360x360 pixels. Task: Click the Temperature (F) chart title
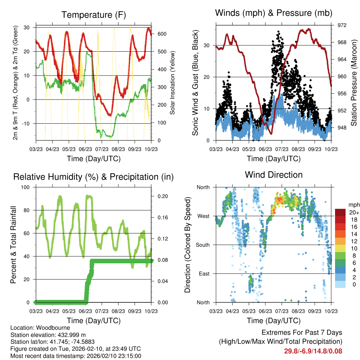(94, 15)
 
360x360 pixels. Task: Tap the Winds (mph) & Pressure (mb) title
(274, 13)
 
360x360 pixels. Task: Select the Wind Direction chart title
(274, 174)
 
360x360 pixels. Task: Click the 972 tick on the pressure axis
(342, 25)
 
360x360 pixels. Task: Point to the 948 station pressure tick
(342, 128)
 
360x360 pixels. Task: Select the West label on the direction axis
(203, 216)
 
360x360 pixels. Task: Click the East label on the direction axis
(204, 274)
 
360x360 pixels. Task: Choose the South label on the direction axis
(202, 245)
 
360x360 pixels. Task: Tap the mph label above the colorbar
(354, 205)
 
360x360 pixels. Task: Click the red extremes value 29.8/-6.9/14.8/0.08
(313, 351)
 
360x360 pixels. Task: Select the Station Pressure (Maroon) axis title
(354, 83)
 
